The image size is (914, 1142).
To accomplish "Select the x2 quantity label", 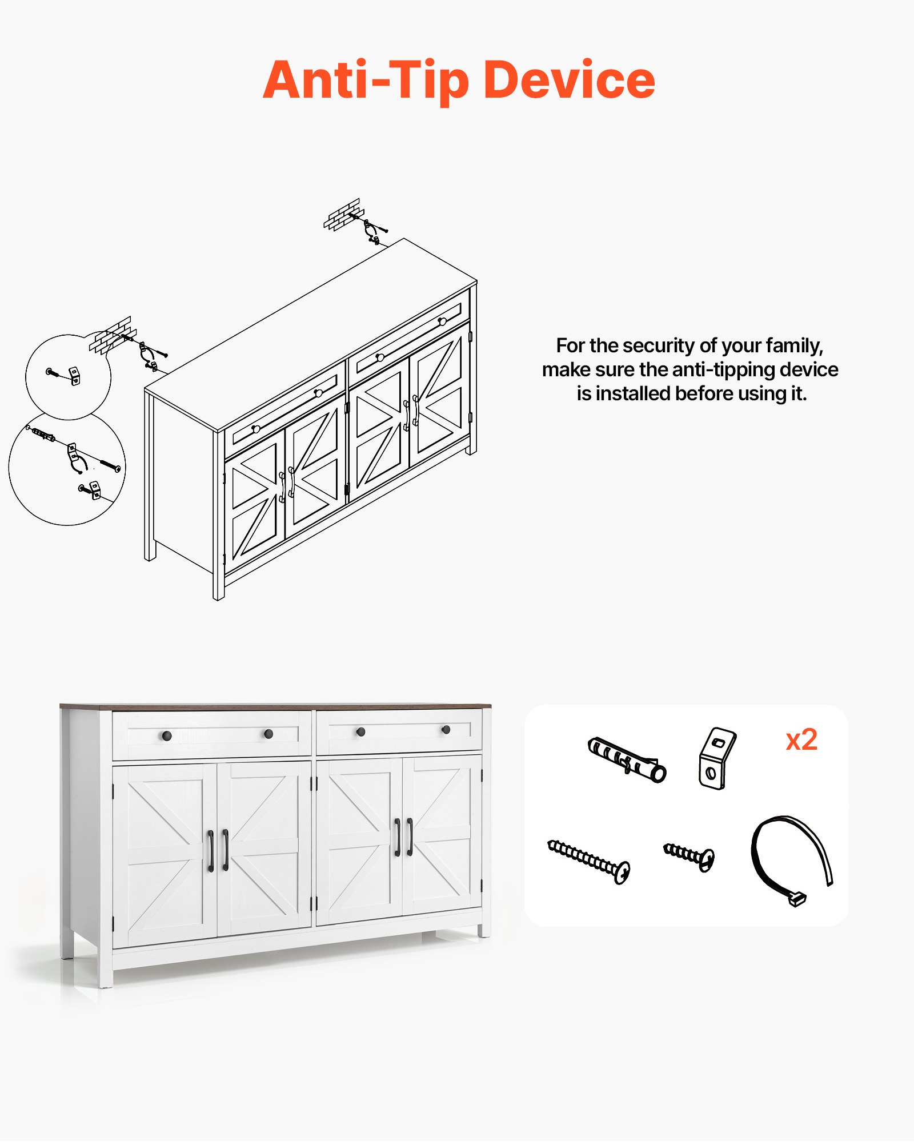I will pos(801,740).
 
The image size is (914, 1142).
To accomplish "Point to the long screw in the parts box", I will pos(589,861).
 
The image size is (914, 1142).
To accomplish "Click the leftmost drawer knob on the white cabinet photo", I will pos(167,735).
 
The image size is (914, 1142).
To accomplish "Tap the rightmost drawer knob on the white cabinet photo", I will pos(446,730).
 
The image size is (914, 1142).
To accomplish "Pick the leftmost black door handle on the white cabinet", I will pos(210,851).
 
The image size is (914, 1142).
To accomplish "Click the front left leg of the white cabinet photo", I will pos(106,971).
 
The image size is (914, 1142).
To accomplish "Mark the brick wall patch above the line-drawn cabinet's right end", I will pos(343,214).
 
